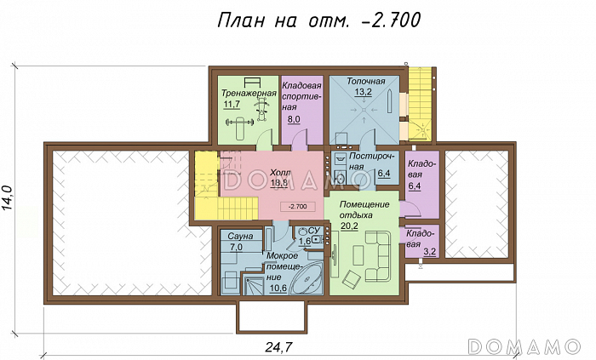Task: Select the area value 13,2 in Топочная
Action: pyautogui.click(x=364, y=92)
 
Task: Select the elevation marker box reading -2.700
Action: pyautogui.click(x=298, y=206)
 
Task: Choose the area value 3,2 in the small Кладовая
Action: pyautogui.click(x=429, y=252)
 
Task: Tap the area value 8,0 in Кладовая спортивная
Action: pyautogui.click(x=295, y=120)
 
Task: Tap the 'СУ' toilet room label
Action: pyautogui.click(x=312, y=231)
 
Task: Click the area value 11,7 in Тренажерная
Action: pyautogui.click(x=232, y=104)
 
